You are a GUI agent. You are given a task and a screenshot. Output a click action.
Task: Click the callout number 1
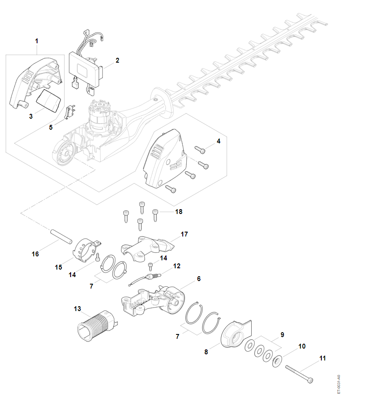pyautogui.click(x=37, y=41)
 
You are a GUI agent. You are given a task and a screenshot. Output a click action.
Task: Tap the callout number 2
pyautogui.click(x=117, y=60)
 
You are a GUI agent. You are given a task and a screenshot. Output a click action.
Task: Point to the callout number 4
pyautogui.click(x=218, y=142)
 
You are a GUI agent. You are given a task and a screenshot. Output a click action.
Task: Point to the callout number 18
pyautogui.click(x=179, y=212)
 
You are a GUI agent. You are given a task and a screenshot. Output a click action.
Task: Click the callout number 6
pyautogui.click(x=199, y=279)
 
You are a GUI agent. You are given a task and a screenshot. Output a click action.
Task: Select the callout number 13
pyautogui.click(x=77, y=309)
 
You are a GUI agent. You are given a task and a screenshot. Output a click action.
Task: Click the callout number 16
pyautogui.click(x=35, y=254)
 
